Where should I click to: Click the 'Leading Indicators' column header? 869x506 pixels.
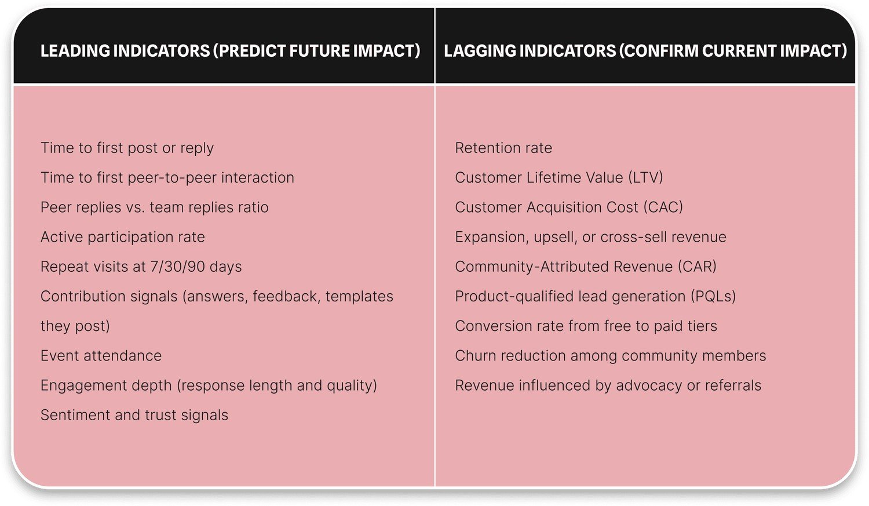(230, 51)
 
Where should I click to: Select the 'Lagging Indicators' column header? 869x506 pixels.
(645, 51)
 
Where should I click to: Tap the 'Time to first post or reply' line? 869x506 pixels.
(127, 148)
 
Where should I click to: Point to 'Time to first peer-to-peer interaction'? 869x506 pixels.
(167, 177)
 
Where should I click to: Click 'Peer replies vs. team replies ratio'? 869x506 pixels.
(154, 208)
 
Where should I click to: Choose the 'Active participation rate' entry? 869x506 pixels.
(122, 237)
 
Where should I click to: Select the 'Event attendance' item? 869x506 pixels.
(101, 356)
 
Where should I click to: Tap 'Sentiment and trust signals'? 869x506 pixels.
(134, 415)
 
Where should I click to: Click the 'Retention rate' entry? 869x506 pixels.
(503, 148)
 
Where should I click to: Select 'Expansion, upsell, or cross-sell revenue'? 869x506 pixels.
(590, 237)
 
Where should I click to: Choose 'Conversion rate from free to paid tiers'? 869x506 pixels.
(586, 326)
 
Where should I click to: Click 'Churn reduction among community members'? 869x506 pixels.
(610, 356)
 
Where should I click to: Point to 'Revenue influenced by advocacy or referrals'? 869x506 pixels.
(608, 385)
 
